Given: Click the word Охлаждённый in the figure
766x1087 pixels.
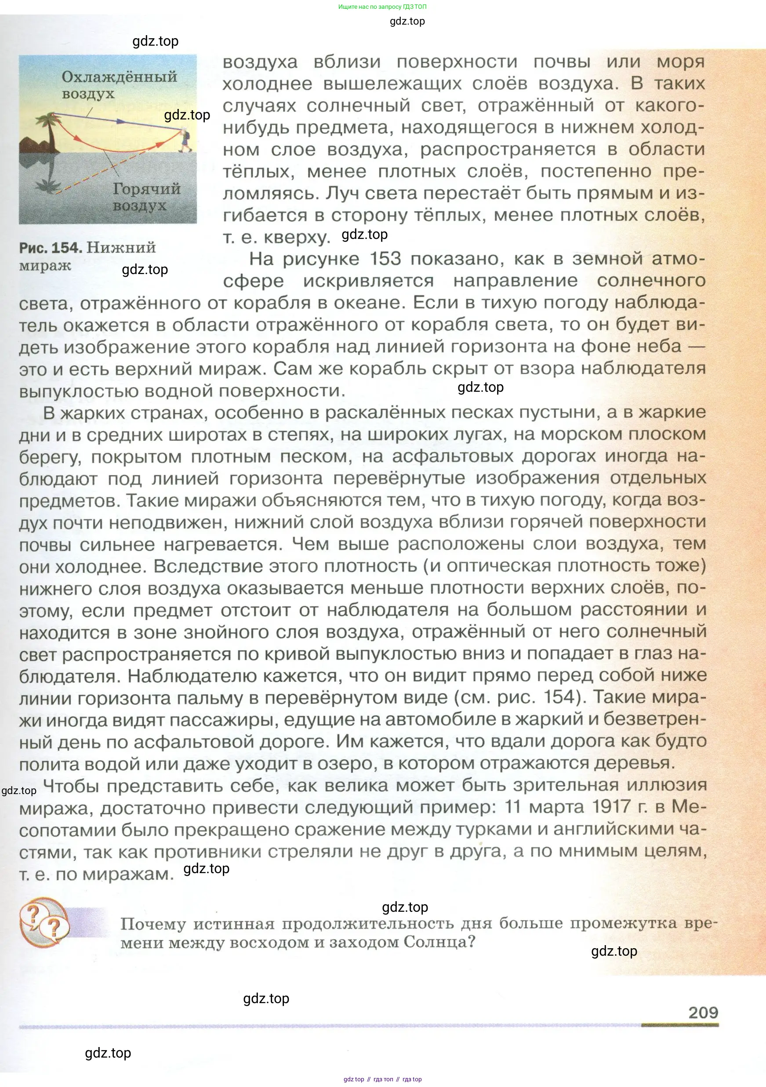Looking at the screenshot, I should tap(120, 77).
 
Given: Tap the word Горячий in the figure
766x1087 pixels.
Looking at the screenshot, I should tap(146, 189).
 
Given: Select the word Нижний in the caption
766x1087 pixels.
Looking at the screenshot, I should tap(121, 248).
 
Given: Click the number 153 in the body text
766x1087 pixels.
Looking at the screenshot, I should tap(385, 259).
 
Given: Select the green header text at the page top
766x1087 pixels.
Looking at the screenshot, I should tap(382, 7).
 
